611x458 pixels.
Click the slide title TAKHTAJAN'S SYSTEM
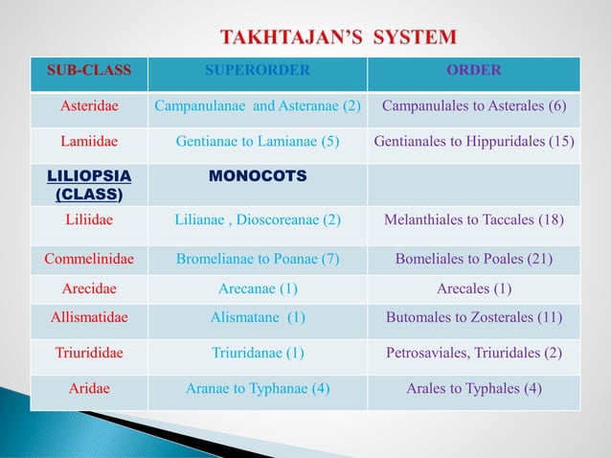coord(339,38)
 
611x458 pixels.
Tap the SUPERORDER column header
coord(258,70)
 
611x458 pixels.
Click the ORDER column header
coord(474,70)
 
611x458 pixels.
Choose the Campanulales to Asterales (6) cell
coord(474,105)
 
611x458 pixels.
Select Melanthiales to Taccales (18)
coord(474,219)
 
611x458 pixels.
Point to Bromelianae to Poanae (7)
coord(258,258)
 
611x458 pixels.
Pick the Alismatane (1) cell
coord(258,318)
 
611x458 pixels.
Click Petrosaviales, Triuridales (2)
coord(474,352)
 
